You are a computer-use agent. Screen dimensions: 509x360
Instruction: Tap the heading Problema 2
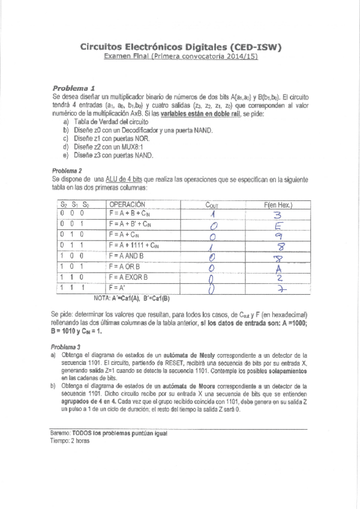point(66,170)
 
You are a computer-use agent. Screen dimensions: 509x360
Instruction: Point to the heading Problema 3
point(66,347)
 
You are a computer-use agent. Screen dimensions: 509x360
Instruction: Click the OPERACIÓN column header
point(128,205)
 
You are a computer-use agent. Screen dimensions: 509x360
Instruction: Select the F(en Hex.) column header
point(278,205)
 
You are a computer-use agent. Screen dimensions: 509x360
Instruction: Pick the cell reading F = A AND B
point(131,256)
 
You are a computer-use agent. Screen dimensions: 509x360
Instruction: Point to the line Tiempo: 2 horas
point(70,441)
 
